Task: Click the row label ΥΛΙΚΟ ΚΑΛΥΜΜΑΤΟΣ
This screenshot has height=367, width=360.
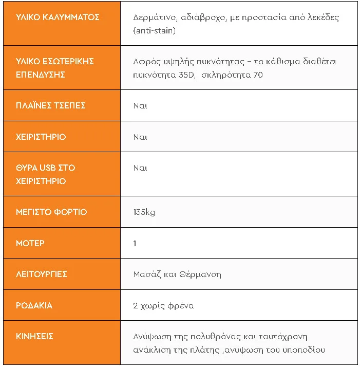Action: click(x=58, y=17)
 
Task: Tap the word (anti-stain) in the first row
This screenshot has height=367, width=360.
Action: click(x=154, y=31)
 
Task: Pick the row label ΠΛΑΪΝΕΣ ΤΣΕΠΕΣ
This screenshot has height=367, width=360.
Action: click(x=51, y=105)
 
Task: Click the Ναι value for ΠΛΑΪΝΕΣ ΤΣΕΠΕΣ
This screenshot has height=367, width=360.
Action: click(x=140, y=105)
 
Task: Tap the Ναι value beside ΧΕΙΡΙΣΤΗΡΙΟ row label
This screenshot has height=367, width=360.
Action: click(x=140, y=137)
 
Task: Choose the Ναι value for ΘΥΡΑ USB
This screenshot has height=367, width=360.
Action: click(x=140, y=168)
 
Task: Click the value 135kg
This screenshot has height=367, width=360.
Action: click(x=144, y=212)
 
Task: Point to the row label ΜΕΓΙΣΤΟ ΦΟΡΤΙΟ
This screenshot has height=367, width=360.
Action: click(x=51, y=212)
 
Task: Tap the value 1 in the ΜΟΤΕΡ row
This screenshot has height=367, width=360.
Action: click(x=135, y=243)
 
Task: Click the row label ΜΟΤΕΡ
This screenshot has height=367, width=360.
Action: click(x=30, y=243)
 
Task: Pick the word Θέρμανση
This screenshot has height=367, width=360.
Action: click(x=200, y=274)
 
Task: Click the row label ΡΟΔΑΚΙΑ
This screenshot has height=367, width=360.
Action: click(x=34, y=305)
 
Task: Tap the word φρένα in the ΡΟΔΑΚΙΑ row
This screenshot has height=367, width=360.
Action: click(x=180, y=305)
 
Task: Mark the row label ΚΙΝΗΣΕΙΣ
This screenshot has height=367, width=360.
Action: click(x=35, y=336)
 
